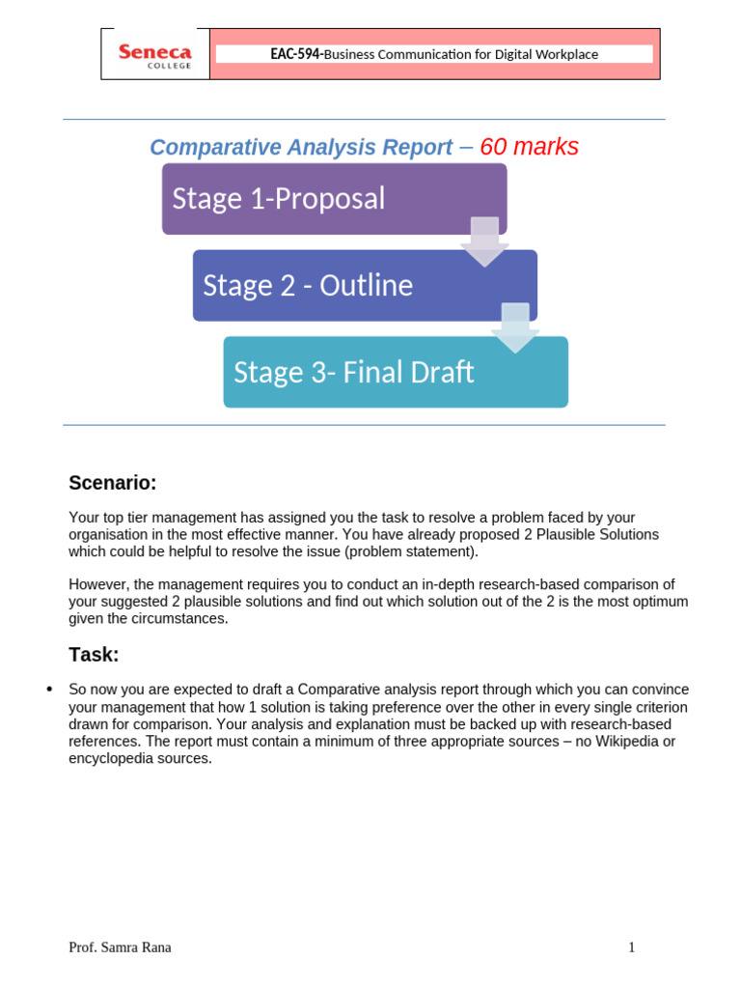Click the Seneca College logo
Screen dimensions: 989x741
coord(154,55)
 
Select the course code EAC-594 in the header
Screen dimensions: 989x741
coord(296,54)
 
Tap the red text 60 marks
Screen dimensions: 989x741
coord(529,147)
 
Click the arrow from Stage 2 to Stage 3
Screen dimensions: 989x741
coord(515,327)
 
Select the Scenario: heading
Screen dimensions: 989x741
coord(112,483)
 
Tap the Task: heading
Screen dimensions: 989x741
coord(94,655)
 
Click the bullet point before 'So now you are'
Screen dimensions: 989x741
coord(49,690)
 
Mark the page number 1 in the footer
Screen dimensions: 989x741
coord(632,947)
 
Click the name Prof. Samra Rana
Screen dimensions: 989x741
coord(120,947)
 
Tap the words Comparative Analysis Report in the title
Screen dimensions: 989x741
coord(301,148)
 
